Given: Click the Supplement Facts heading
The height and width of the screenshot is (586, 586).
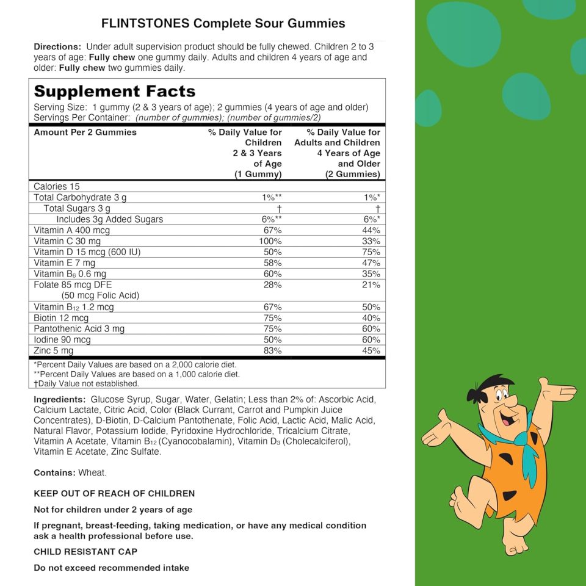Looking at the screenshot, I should [115, 92].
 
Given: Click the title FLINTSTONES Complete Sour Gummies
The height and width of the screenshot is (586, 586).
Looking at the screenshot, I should [223, 23].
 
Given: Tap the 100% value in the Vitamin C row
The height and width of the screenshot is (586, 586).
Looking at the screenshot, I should [270, 241].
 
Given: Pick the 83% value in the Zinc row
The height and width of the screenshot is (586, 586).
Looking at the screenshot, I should [272, 350].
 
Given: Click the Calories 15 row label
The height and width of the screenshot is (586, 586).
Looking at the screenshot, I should [57, 186].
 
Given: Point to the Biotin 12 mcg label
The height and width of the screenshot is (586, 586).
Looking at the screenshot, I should [61, 318].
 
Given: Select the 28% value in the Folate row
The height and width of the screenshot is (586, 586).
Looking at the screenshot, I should [272, 284].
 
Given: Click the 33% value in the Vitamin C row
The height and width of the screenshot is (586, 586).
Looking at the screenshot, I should [371, 241].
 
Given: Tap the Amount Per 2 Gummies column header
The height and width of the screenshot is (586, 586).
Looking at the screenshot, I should [85, 132].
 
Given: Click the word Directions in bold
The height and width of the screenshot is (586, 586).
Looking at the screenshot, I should [57, 46].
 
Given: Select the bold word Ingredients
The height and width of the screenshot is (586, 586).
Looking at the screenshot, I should [59, 399].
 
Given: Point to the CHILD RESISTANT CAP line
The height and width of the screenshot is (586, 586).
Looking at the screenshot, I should [85, 551].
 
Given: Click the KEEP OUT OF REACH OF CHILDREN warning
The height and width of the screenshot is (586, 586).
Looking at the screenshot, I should [114, 493].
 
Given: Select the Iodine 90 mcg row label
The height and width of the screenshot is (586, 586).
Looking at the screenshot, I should [62, 339].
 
